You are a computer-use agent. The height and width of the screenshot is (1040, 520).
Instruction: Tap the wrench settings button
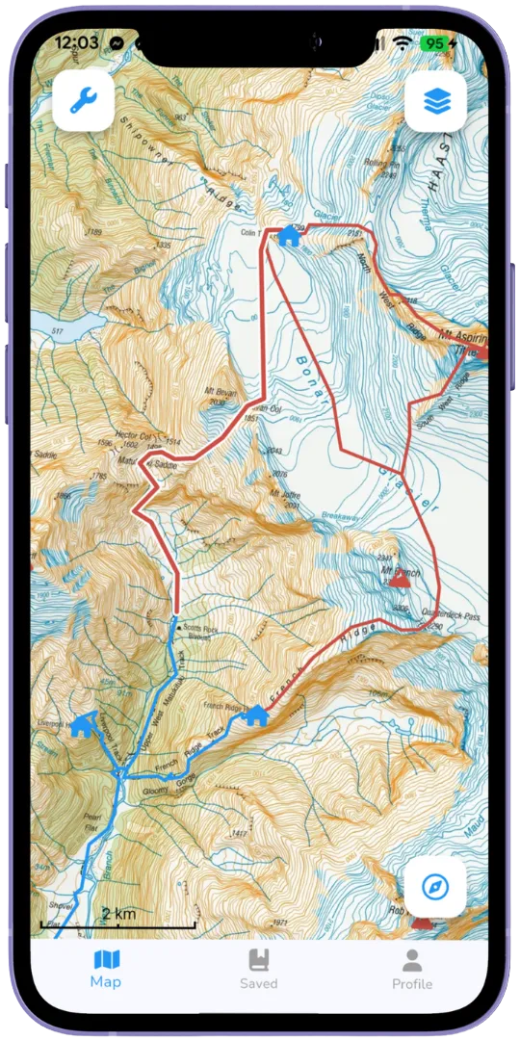(x=84, y=99)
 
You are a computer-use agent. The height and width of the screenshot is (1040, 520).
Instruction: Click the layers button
(x=435, y=99)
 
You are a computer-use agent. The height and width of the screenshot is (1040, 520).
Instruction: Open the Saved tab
(x=258, y=968)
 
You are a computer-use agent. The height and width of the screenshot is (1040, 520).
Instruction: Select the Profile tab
(x=412, y=968)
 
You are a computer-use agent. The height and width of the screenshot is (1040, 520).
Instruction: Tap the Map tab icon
(x=106, y=959)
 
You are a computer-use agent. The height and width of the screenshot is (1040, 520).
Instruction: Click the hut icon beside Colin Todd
(x=289, y=236)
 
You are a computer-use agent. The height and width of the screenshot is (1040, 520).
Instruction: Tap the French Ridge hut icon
(x=256, y=715)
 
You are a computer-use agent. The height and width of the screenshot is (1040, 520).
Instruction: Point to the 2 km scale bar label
(x=117, y=913)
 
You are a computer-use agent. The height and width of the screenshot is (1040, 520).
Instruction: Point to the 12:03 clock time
(x=77, y=43)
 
